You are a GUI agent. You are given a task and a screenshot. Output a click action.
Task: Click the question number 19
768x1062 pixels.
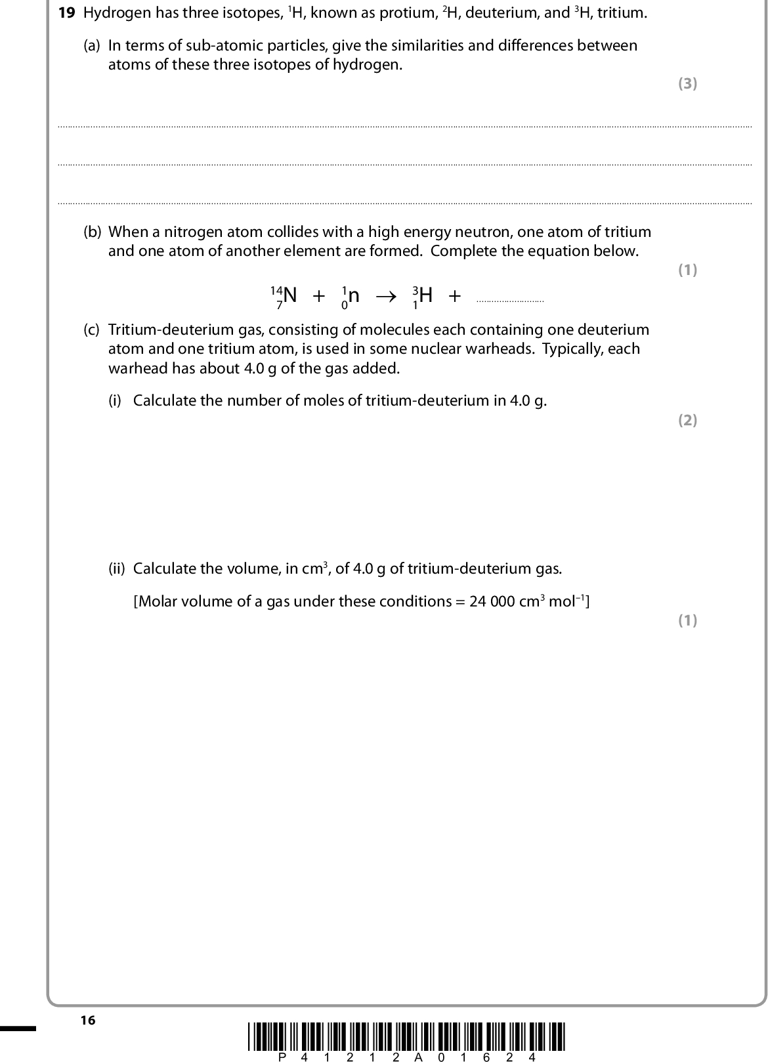pos(67,13)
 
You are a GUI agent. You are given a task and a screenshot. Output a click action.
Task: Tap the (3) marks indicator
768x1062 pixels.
pos(687,83)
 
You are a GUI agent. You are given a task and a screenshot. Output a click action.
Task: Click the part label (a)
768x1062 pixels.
pos(92,46)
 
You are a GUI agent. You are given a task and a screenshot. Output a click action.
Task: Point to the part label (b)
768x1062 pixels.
pos(92,232)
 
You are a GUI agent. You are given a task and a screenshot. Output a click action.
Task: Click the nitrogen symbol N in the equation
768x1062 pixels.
pos(289,295)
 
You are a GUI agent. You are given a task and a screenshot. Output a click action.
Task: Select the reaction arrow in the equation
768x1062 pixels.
pos(386,296)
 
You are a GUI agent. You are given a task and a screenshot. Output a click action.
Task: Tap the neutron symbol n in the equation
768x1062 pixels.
pos(353,296)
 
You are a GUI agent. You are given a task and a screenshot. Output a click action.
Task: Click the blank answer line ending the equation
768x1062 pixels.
pos(510,301)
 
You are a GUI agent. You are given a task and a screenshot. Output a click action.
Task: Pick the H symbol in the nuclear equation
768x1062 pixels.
pos(425,295)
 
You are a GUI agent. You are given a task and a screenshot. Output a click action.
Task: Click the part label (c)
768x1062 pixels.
pos(92,329)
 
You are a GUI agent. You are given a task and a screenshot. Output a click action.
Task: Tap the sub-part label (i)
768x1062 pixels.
pos(116,401)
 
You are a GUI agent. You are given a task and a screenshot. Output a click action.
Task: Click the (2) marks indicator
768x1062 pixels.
pos(687,420)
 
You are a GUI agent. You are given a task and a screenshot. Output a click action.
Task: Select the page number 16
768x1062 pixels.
pos(88,1020)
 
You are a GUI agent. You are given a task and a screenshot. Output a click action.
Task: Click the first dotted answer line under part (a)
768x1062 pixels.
pos(404,125)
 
